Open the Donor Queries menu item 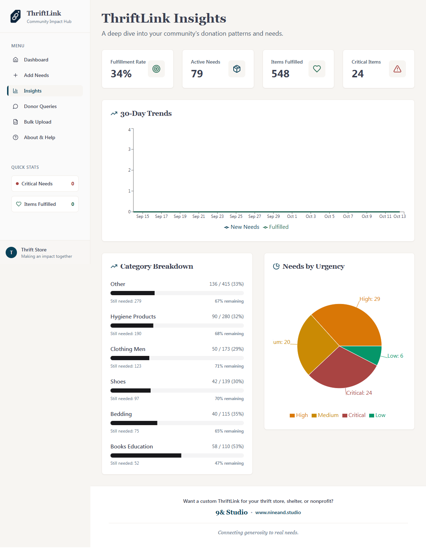tap(40, 106)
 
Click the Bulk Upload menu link tap(37, 122)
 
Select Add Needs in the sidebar tap(36, 75)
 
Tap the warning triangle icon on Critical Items tap(397, 69)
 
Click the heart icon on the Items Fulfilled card tap(317, 69)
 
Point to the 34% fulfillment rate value tap(121, 74)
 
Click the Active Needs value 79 tap(197, 74)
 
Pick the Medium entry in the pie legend tap(325, 415)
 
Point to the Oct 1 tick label tap(292, 216)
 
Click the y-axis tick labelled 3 tap(130, 149)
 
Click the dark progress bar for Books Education tap(146, 455)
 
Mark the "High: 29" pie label tap(370, 299)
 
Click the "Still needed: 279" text tap(126, 301)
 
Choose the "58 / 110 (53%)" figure tap(228, 446)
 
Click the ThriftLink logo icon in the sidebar tap(16, 16)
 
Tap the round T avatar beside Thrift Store tap(11, 252)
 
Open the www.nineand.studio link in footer tap(278, 512)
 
